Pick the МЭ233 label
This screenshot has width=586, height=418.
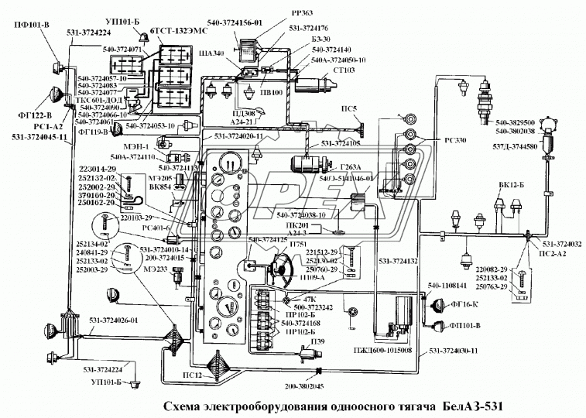156,269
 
